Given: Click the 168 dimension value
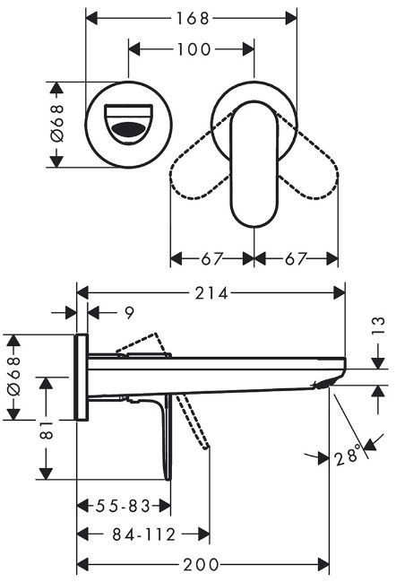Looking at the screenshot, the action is point(192,18).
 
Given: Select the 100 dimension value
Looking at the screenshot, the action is point(194,49).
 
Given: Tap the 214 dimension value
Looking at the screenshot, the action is point(211,293).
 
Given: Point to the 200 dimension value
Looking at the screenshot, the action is point(202,565).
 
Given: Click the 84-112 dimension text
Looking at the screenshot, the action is point(144,534).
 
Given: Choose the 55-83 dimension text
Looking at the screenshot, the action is point(123,506).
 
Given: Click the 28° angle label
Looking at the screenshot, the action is point(348,455).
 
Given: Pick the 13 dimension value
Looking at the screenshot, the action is point(378,326).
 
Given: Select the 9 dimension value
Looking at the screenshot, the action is point(129,313).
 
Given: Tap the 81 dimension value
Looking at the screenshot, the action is point(47,430).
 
